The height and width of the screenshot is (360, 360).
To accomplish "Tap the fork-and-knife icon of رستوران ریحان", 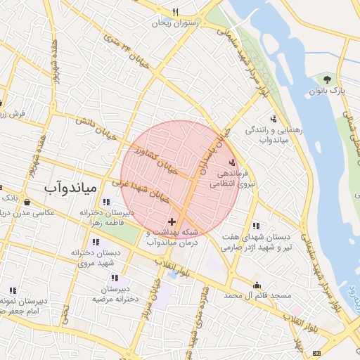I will tap(176, 12).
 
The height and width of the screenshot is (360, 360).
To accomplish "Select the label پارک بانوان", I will tap(328, 91).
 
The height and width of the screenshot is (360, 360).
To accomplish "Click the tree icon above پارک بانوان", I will tap(328, 79).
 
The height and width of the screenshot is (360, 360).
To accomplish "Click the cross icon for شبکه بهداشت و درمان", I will tap(172, 222).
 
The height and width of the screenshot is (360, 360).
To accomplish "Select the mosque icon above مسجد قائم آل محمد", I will tap(257, 285).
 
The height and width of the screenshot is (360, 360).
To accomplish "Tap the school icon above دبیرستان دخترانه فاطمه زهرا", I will tap(106, 202).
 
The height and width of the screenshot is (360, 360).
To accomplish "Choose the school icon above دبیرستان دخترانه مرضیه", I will tap(114, 279).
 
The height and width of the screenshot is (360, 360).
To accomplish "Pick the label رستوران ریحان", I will tap(178, 22).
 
